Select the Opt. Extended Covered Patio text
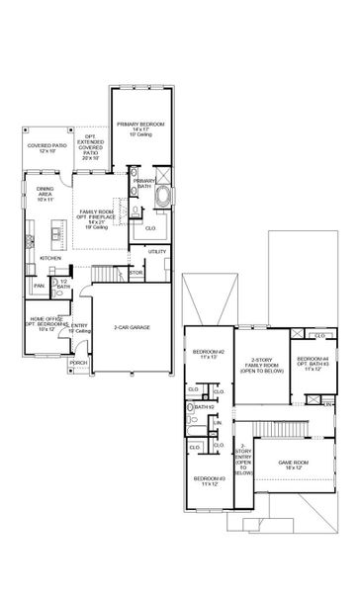[x=91, y=150]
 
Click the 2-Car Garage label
[x=132, y=327]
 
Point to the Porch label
[x=78, y=364]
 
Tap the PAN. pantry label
[x=39, y=287]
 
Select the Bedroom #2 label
[x=209, y=354]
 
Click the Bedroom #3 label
[x=209, y=481]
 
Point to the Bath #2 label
[x=205, y=407]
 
